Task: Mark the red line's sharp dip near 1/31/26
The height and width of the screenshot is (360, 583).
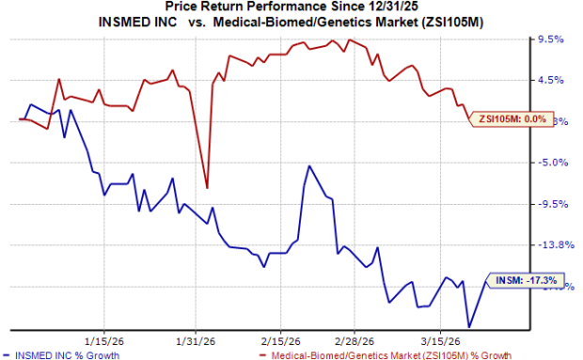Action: (x=207, y=188)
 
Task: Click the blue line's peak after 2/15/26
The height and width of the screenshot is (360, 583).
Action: (x=308, y=166)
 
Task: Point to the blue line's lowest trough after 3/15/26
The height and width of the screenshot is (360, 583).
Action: (x=468, y=326)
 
